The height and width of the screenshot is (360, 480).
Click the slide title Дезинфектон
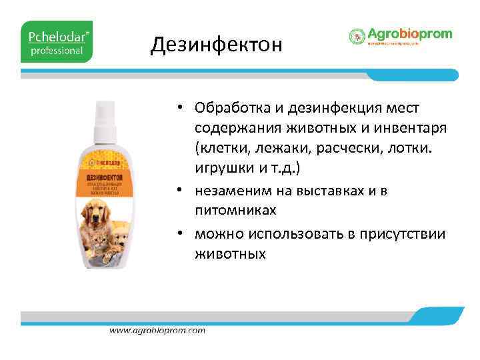pyautogui.click(x=216, y=45)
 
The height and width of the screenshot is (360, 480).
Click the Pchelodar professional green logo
pyautogui.click(x=57, y=41)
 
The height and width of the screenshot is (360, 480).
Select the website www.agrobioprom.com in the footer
pyautogui.click(x=157, y=330)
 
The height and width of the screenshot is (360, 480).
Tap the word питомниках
pyautogui.click(x=234, y=209)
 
